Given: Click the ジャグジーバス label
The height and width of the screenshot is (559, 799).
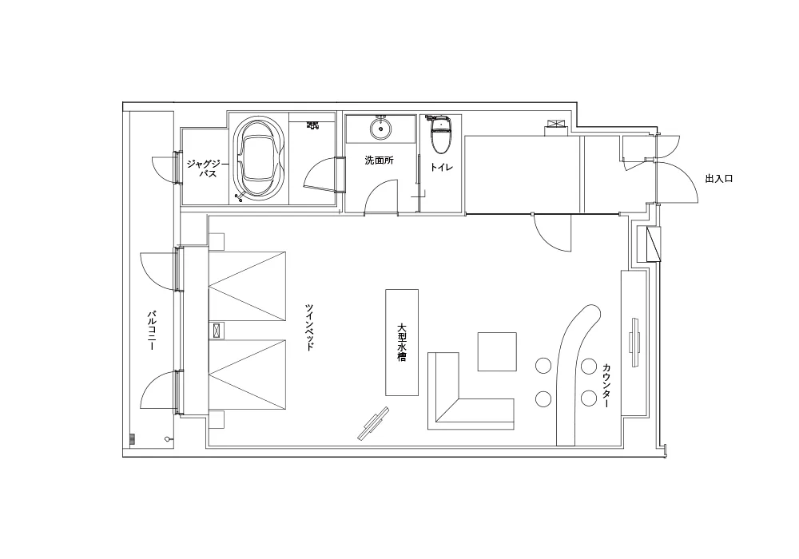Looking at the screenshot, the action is tap(204, 168).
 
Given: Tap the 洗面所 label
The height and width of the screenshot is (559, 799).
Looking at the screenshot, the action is tap(379, 161).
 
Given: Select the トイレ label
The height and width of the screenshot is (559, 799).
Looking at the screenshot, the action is tap(441, 167).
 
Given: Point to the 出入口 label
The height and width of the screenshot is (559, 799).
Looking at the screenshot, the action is tap(719, 179).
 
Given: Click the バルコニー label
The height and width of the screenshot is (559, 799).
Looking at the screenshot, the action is tap(151, 331).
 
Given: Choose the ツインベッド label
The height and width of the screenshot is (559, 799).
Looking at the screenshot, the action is tap(308, 327).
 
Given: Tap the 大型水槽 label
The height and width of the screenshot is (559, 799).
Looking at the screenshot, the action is tap(402, 343).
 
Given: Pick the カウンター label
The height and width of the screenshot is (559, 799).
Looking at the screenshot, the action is tap(606, 386).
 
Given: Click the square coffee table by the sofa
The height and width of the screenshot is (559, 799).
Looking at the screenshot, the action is tap(497, 352).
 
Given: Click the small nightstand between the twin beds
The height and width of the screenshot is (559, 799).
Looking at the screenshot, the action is tap(217, 331).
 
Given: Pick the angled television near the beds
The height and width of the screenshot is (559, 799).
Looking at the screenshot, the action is tap(373, 423).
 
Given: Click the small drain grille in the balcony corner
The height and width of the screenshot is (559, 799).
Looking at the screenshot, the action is tap(132, 439).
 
